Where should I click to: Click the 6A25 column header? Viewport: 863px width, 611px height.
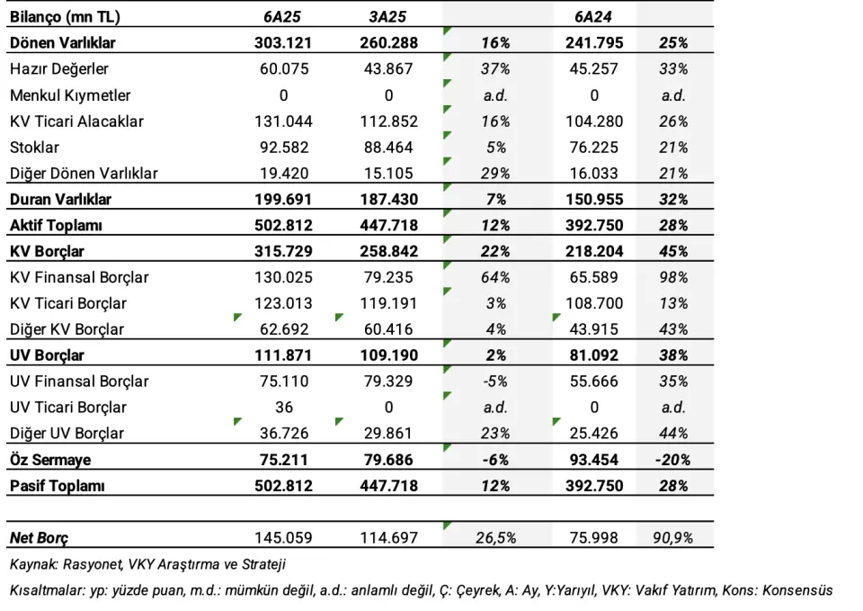click(282, 17)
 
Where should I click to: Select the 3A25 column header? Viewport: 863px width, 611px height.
click(388, 17)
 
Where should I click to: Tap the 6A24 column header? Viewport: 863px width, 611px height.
click(593, 17)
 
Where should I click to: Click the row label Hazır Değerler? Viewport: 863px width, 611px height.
click(59, 69)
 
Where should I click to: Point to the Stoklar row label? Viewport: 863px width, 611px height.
click(34, 148)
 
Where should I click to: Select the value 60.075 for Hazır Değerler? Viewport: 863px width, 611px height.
click(284, 69)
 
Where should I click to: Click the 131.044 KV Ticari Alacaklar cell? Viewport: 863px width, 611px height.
click(283, 121)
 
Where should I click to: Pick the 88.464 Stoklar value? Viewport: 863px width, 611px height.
click(388, 148)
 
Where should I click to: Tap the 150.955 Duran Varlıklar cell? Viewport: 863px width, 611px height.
click(594, 200)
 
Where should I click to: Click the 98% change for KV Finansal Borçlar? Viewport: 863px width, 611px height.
click(673, 277)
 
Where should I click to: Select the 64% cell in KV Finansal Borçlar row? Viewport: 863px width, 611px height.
click(495, 277)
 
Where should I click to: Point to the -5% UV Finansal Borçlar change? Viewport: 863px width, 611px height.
click(495, 382)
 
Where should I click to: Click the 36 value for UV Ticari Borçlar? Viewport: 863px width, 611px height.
click(284, 407)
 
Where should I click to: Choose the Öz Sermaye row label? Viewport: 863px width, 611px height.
click(50, 460)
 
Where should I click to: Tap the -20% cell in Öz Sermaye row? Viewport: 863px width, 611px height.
click(672, 460)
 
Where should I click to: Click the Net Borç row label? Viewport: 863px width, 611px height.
click(39, 538)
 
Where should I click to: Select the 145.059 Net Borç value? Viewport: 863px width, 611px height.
click(283, 538)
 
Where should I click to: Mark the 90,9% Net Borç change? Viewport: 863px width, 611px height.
click(672, 538)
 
